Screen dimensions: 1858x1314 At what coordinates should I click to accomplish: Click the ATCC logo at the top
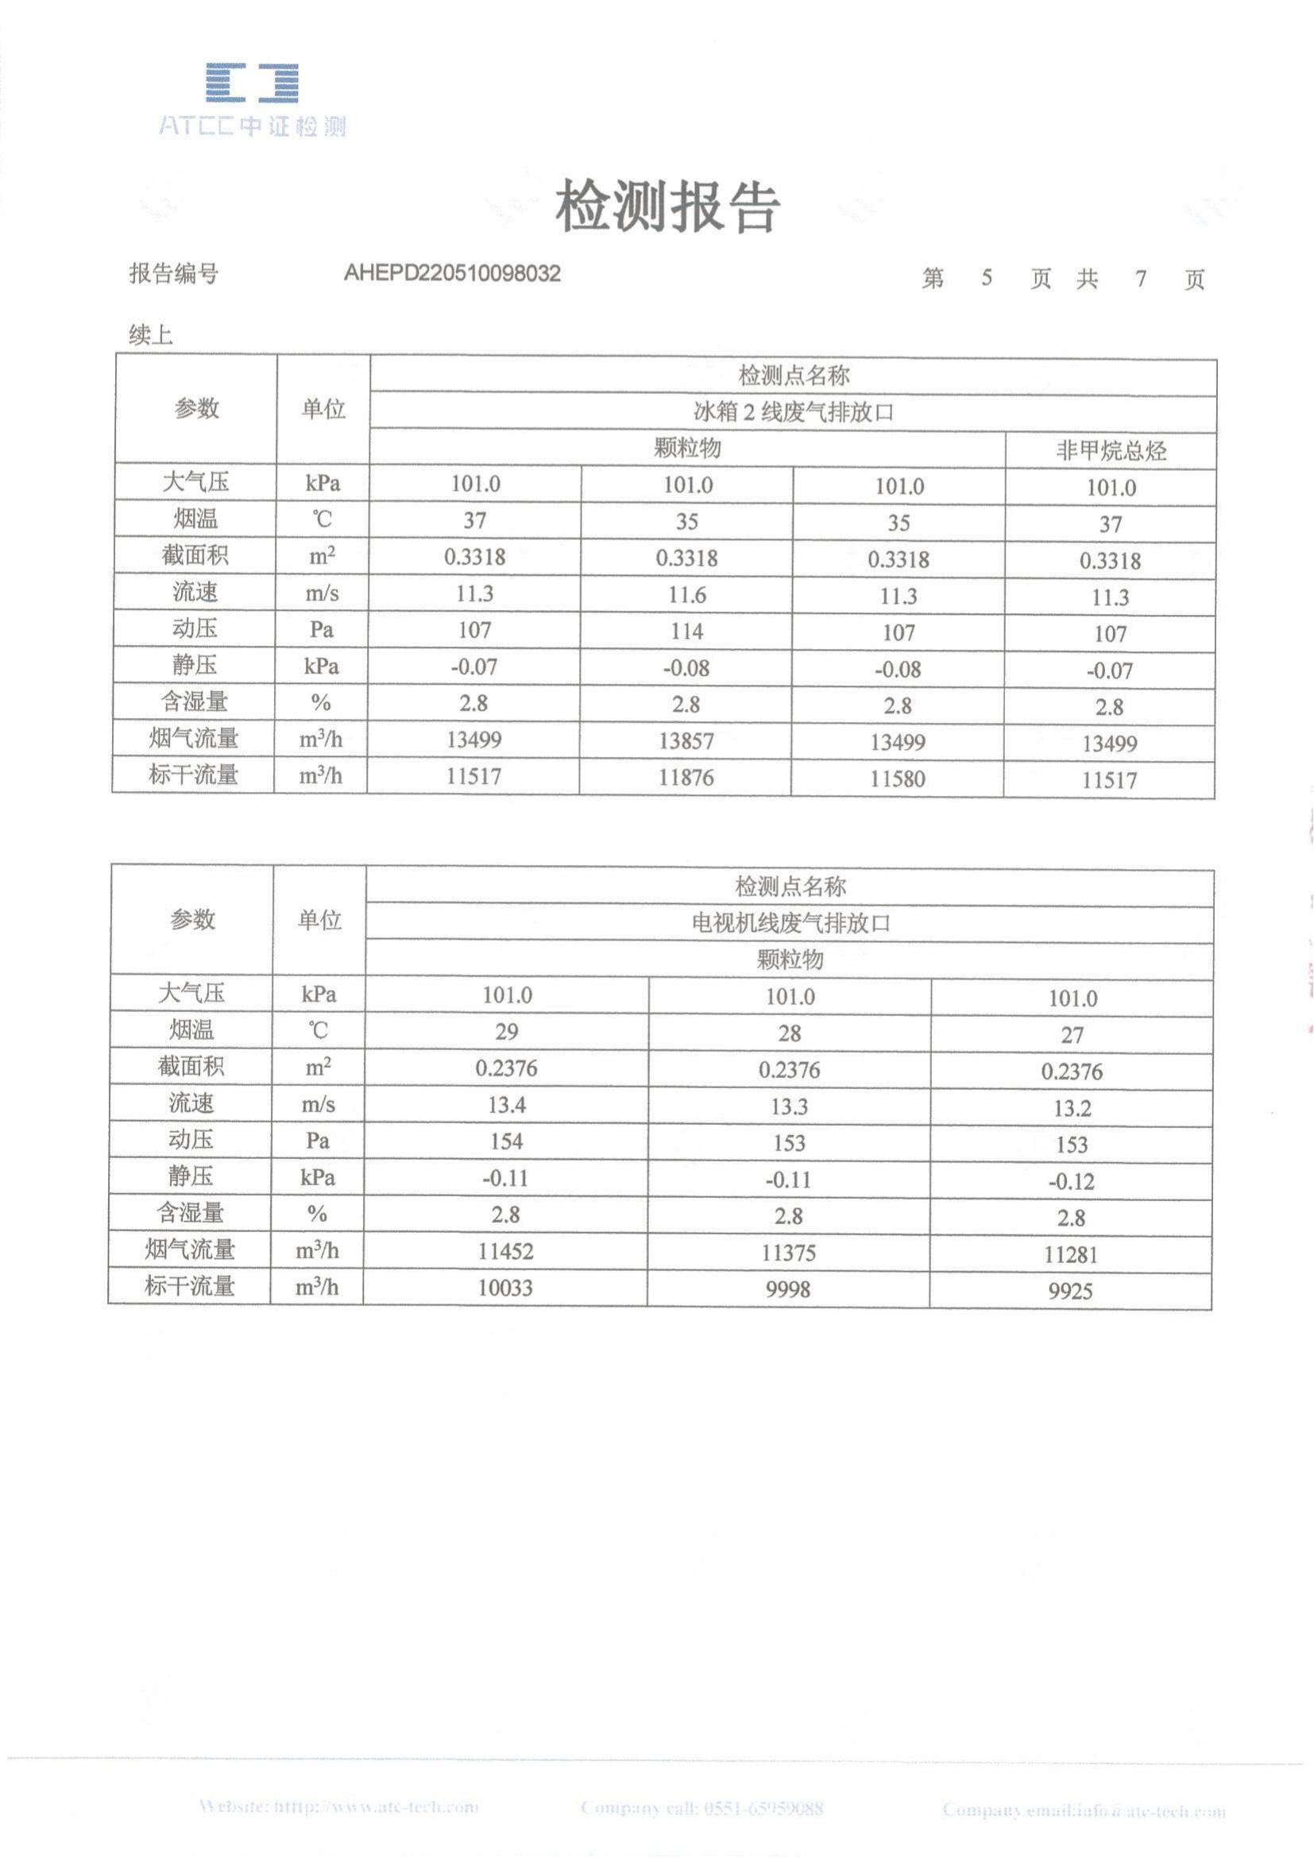click(252, 99)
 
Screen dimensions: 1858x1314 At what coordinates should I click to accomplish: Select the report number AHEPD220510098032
click(451, 273)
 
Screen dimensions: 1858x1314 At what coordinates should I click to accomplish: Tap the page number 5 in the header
click(987, 278)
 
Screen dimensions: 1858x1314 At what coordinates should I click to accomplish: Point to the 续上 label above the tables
click(150, 334)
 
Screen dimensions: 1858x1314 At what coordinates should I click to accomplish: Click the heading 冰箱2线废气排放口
click(793, 413)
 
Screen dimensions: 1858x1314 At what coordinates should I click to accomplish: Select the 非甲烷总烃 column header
click(1110, 450)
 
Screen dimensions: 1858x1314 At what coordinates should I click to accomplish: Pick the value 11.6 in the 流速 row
click(686, 595)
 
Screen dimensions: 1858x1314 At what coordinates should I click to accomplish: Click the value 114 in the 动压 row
click(686, 632)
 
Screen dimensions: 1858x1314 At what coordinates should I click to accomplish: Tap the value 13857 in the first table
click(686, 740)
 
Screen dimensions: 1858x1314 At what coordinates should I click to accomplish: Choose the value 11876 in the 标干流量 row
click(686, 778)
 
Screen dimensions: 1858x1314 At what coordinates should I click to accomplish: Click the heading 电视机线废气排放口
click(790, 923)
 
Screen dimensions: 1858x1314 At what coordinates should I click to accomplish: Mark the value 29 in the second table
click(507, 1032)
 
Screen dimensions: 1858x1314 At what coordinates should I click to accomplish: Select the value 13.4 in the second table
click(507, 1105)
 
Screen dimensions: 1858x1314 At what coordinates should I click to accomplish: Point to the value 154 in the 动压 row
click(507, 1141)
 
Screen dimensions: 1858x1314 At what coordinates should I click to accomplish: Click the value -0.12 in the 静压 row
click(1071, 1181)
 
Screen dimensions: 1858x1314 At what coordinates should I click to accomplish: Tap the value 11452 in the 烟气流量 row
click(506, 1251)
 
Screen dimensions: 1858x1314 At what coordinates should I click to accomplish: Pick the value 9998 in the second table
click(788, 1288)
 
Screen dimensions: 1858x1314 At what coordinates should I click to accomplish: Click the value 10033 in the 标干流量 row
click(506, 1288)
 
